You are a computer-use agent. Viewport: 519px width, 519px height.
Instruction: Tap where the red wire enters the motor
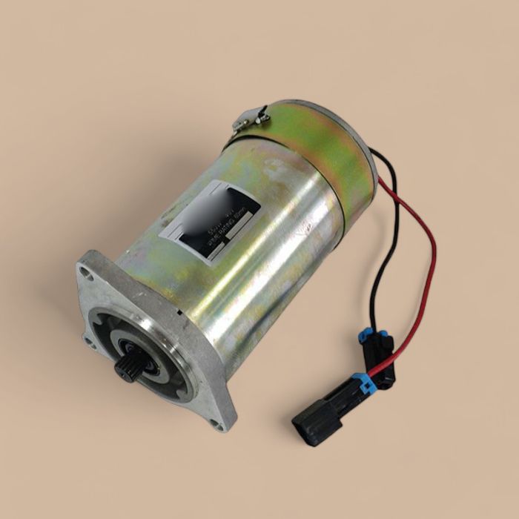(380, 179)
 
